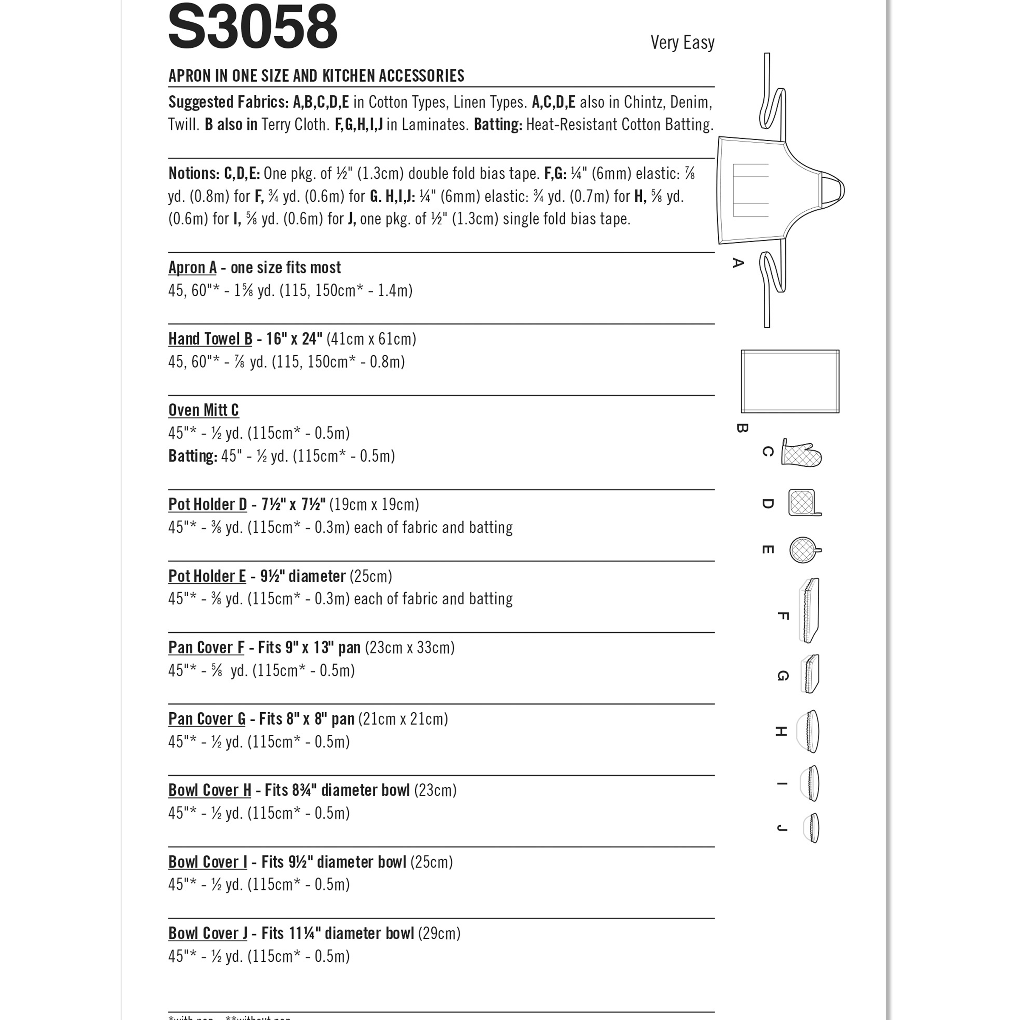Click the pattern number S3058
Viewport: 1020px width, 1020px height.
[252, 26]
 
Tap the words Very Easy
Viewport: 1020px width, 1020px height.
[682, 42]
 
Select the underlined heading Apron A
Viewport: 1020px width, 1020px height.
[192, 268]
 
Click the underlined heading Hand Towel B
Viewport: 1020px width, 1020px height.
[210, 339]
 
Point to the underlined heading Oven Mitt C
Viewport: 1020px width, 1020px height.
[203, 410]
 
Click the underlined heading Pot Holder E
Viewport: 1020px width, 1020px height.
[207, 576]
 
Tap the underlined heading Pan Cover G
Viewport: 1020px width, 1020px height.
[207, 719]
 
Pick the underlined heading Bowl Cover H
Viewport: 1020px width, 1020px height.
[210, 790]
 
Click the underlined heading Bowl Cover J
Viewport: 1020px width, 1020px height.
[207, 933]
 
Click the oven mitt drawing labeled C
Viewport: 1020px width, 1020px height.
[801, 453]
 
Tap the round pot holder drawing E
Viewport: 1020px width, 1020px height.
[803, 550]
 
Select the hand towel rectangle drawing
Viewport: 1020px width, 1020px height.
[790, 381]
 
